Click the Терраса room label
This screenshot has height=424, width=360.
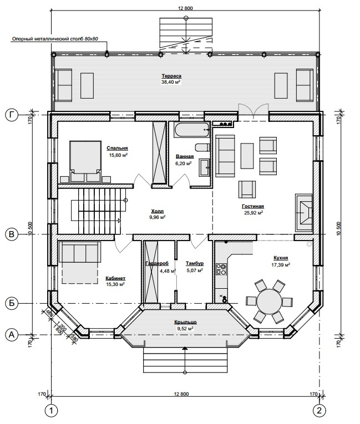[x=171, y=76]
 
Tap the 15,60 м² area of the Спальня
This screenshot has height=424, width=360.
[x=118, y=155]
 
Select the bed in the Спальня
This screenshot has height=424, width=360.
[x=85, y=161]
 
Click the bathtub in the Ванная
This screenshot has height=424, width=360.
[x=192, y=130]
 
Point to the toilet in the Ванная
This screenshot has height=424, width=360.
[x=202, y=147]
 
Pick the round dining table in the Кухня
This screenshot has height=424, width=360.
[x=270, y=301]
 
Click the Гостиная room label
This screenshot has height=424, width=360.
[x=252, y=206]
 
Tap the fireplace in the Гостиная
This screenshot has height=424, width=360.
[x=304, y=212]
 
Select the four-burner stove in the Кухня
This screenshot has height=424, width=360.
[x=221, y=269]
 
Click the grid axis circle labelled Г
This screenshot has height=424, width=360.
[x=11, y=115]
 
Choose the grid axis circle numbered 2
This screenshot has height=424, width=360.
[x=319, y=411]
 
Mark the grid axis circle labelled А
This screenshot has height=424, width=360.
[x=11, y=335]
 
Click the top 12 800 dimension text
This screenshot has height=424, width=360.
[x=185, y=8]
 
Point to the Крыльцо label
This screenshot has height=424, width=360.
[x=185, y=322]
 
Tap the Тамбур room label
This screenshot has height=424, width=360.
[x=195, y=263]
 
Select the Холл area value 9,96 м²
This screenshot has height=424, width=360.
[x=158, y=217]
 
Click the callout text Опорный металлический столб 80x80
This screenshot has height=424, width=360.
[x=55, y=39]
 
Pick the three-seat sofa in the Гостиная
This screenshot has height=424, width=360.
[x=225, y=156]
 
